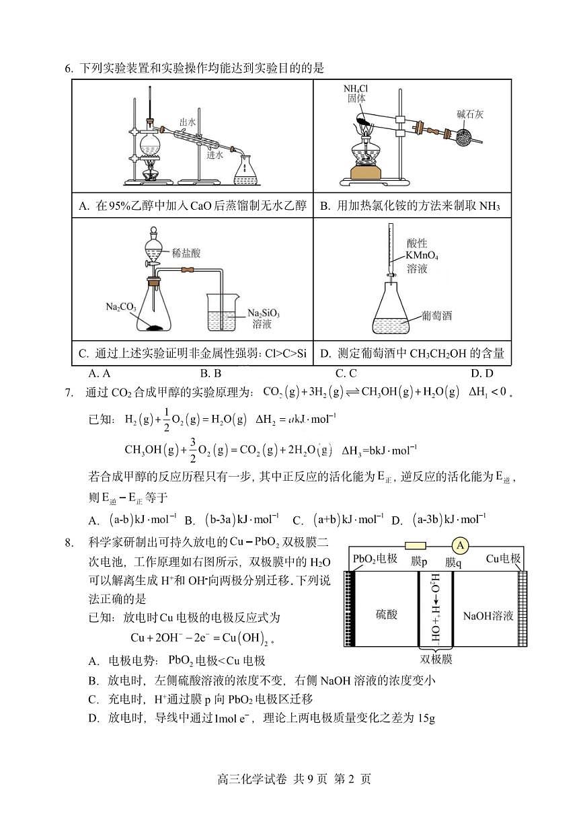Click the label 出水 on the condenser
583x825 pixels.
click(187, 122)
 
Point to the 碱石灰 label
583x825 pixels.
click(470, 114)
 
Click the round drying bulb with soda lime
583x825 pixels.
click(463, 137)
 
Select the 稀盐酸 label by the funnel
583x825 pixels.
click(186, 253)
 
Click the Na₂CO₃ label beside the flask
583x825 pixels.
click(121, 307)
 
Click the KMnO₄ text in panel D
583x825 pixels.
click(422, 256)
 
